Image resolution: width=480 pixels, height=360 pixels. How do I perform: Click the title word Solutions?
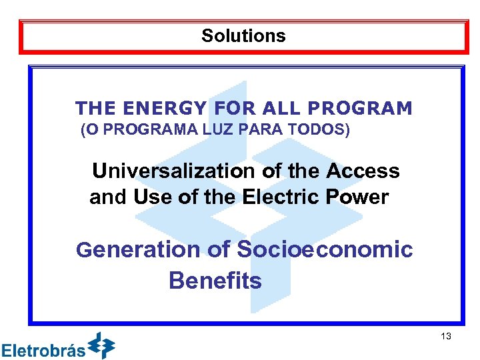coord(243,36)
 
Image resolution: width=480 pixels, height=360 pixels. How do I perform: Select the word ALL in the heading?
coord(281,108)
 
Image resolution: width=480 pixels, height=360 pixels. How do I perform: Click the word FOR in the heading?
coord(233,108)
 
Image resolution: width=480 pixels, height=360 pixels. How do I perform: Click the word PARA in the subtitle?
coord(267,130)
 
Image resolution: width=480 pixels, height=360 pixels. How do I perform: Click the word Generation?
coord(138,250)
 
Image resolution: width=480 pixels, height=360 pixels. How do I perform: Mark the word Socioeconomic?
coord(325,250)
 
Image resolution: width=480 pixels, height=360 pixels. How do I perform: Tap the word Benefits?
coord(215,281)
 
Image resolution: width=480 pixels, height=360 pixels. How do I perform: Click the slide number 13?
coord(446,337)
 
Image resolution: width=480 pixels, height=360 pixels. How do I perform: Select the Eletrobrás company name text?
coord(43,350)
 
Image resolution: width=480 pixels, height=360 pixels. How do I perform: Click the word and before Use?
coord(109,197)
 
